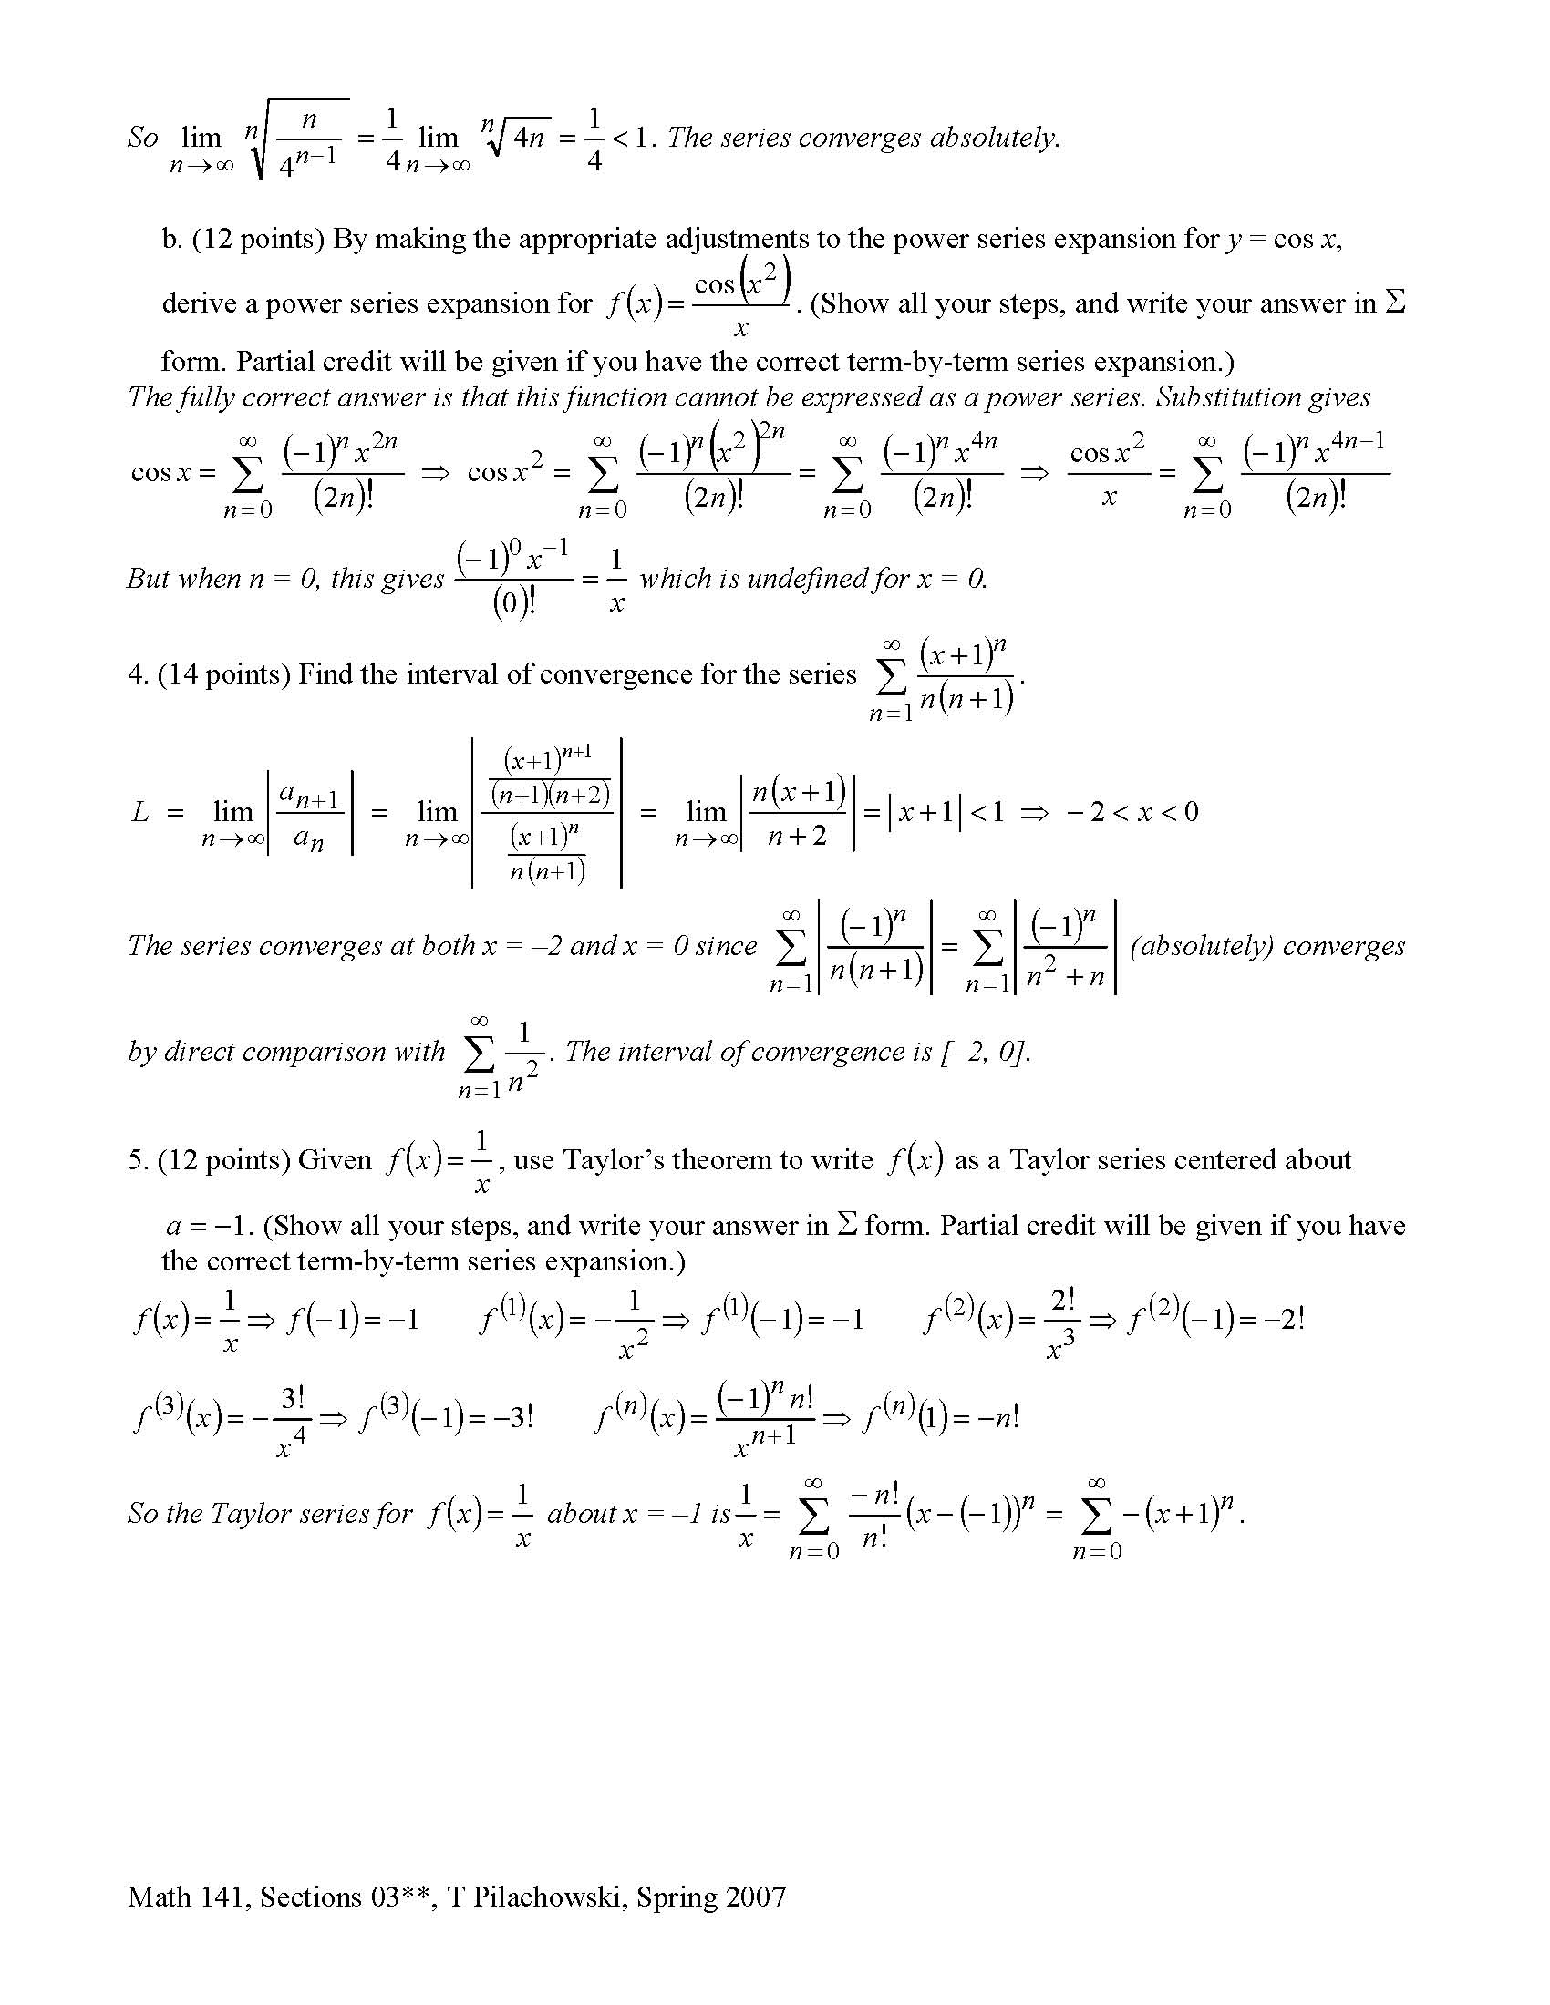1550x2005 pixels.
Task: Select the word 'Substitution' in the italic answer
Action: [x=1233, y=396]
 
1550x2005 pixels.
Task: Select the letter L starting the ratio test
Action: [x=139, y=811]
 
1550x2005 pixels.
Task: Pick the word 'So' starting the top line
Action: [x=142, y=138]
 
